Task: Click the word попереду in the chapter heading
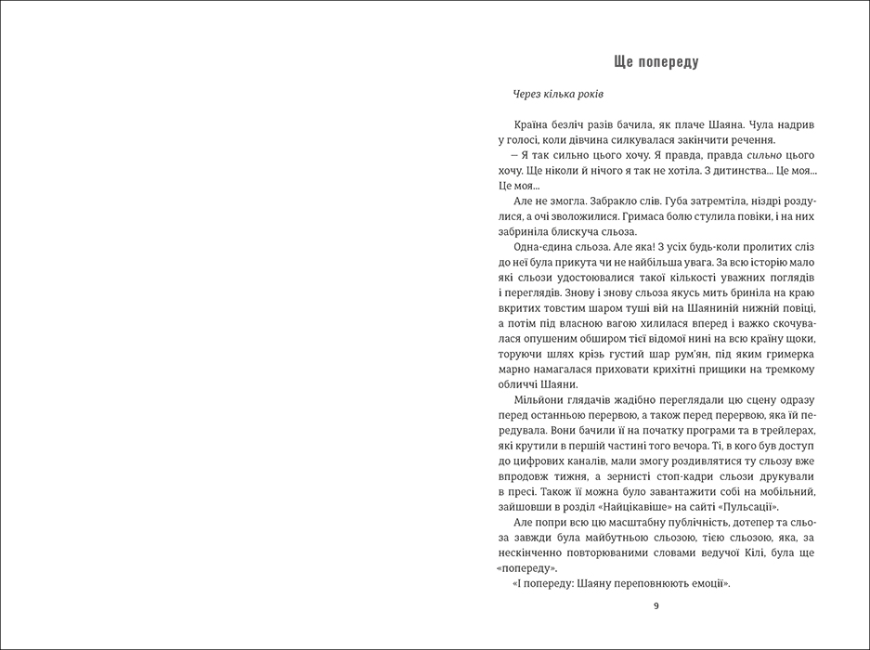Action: pyautogui.click(x=666, y=62)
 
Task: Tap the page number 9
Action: pyautogui.click(x=656, y=606)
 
